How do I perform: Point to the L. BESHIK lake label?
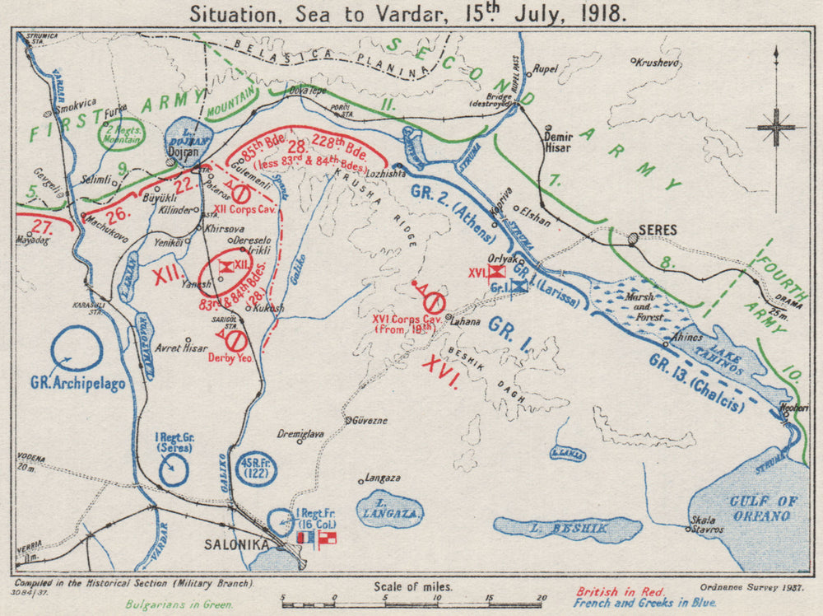[x=569, y=526]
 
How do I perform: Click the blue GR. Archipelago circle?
[x=76, y=349]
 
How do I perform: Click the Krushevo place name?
[x=658, y=61]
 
